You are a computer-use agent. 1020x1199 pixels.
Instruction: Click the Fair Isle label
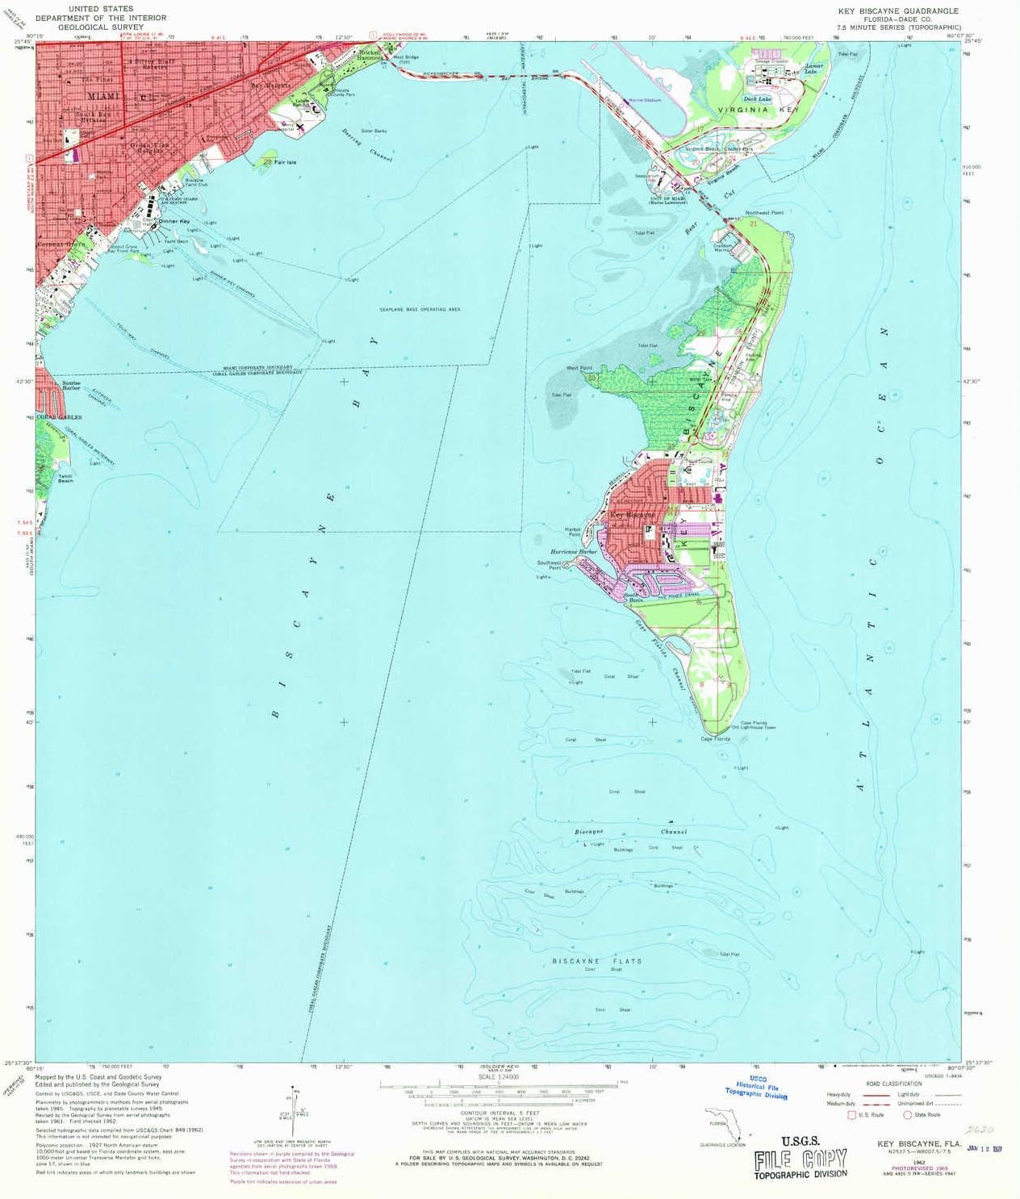coord(285,162)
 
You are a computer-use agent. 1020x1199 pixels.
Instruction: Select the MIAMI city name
coord(102,96)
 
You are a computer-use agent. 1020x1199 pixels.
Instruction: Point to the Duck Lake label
coord(757,99)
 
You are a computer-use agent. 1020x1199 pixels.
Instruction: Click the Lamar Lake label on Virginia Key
coord(813,69)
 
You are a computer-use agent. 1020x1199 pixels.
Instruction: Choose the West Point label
coord(579,369)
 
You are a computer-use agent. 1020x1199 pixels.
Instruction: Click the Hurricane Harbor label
coord(573,552)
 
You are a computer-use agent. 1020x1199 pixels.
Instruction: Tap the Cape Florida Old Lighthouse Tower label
coord(754,725)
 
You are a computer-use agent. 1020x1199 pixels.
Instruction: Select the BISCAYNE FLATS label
coord(597,961)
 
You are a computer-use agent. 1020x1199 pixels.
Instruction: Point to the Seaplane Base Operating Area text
coord(420,310)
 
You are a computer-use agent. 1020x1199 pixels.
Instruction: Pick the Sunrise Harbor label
coord(71,386)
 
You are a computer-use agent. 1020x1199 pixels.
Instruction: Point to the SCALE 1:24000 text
coord(498,1076)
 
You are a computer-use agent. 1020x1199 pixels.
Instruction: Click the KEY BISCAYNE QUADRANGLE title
coord(898,11)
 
